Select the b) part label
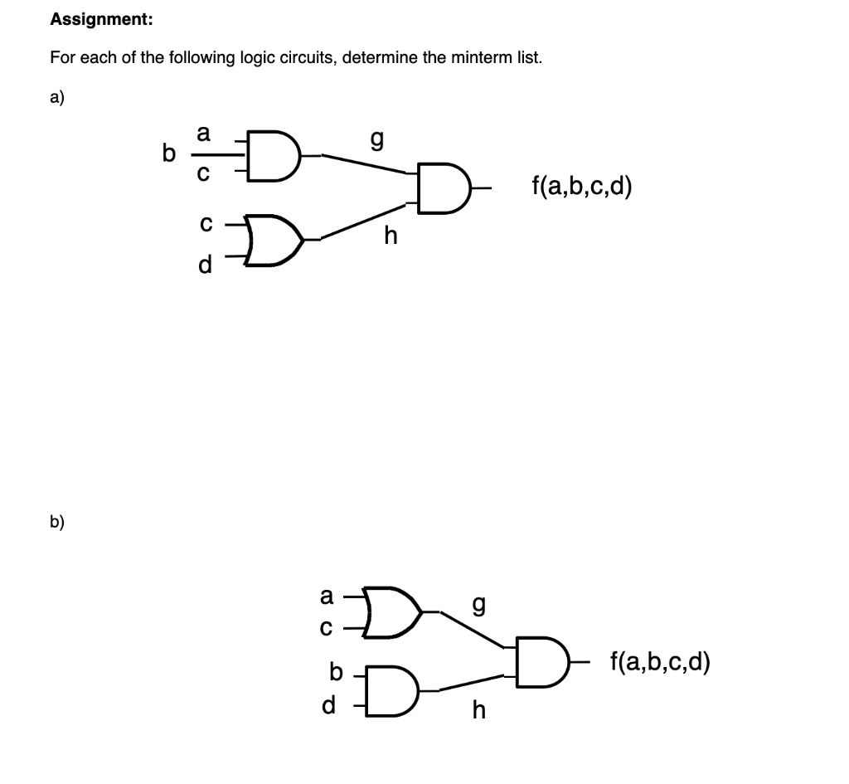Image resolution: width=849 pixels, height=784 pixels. (56, 522)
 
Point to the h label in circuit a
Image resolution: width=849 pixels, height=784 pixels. (391, 236)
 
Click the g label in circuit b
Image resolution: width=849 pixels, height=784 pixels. (477, 604)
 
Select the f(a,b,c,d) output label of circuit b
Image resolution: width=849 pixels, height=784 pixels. (659, 661)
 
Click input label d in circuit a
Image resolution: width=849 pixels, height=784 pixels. (205, 265)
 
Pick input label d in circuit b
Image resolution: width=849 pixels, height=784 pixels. (329, 707)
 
